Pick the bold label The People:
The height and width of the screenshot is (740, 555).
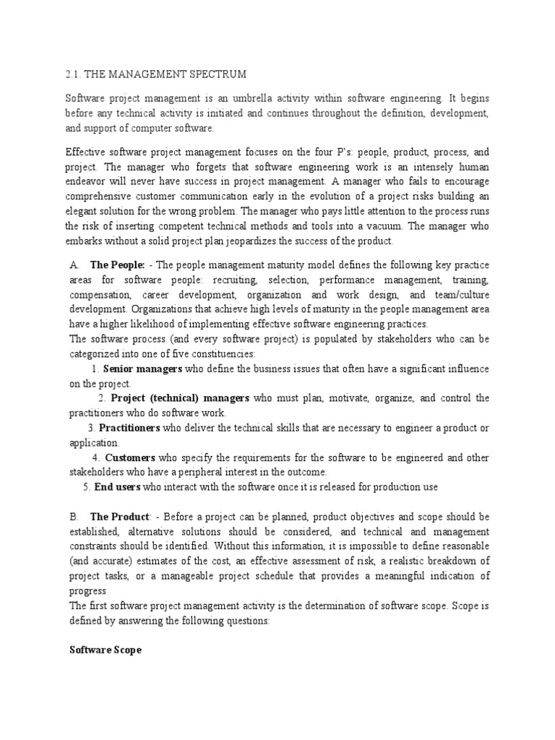point(117,264)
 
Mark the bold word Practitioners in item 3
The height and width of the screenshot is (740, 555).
point(129,428)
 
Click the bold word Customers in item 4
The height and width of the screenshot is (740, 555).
point(130,458)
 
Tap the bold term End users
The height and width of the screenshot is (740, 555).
point(117,487)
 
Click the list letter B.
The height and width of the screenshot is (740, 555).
point(73,517)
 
